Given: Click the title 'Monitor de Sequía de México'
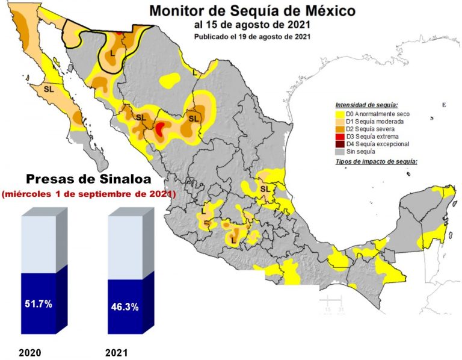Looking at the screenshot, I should pos(252,11).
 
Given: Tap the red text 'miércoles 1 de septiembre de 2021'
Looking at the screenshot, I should pos(88,194).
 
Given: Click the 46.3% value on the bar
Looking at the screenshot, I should pos(125,306).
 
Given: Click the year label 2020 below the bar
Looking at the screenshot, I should pos(30,352).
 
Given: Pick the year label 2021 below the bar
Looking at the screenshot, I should pos(116,352).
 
